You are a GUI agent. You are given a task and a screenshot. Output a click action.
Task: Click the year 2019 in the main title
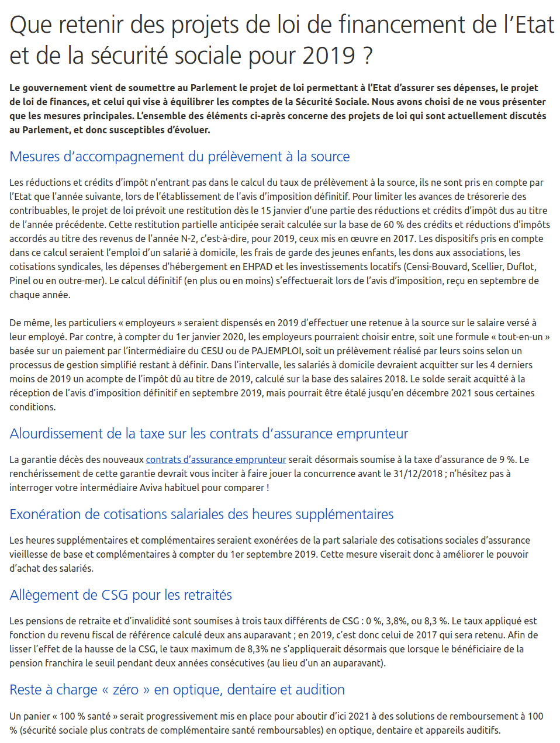point(329,56)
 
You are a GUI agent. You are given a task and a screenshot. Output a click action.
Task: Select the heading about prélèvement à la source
point(179,157)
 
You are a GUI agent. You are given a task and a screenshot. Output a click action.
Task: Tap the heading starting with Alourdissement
point(209,434)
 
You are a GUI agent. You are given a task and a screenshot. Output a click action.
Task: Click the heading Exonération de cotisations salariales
point(201,514)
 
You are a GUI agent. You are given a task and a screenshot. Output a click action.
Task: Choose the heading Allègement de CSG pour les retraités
point(120,595)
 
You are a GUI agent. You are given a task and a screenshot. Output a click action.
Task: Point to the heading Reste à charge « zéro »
point(177,690)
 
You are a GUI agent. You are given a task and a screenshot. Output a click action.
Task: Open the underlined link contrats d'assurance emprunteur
point(216,459)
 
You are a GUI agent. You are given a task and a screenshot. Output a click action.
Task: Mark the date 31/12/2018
point(418,474)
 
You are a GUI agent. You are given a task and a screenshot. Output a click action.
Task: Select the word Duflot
point(521,267)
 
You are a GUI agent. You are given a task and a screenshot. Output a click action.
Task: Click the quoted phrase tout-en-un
point(520,337)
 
